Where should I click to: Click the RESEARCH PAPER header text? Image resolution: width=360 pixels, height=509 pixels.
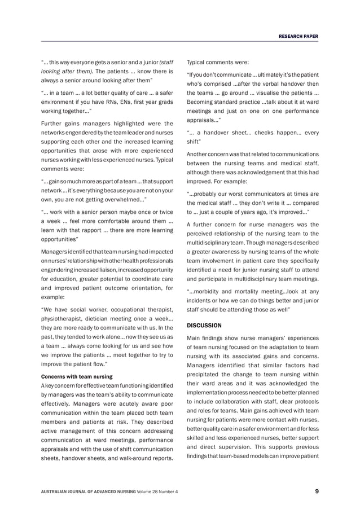click(x=297, y=36)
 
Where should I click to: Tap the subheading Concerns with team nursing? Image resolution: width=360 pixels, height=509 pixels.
click(x=75, y=376)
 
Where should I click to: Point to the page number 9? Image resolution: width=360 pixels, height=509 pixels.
click(x=317, y=492)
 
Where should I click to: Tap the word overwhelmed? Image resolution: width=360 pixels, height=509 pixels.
click(x=122, y=200)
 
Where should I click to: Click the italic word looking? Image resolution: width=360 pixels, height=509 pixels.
click(x=53, y=72)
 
